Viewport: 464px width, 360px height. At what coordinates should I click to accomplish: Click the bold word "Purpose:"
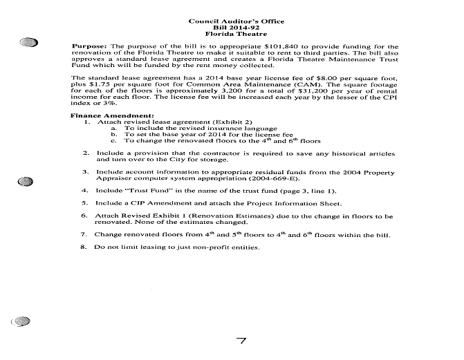[90, 46]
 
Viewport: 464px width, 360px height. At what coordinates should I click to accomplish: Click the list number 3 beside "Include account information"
[84, 171]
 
